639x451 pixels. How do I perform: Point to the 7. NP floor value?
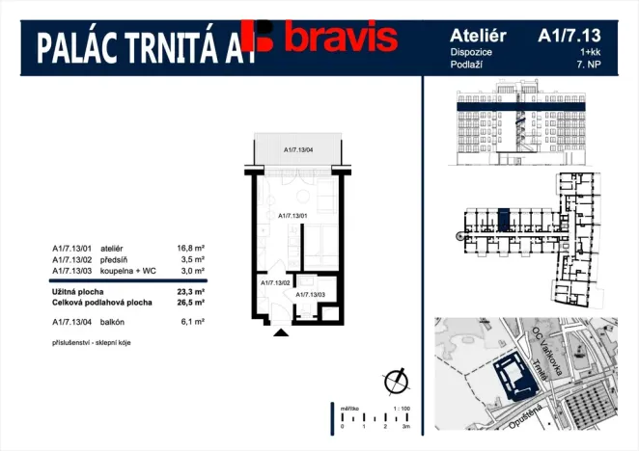(587, 65)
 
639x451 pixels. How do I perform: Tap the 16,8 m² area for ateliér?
(190, 248)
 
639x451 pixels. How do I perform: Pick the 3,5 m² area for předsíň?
(193, 259)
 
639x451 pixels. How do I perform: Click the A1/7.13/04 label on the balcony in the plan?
(298, 149)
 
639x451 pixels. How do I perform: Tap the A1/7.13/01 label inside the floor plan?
(292, 216)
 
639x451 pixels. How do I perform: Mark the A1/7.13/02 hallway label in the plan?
(274, 283)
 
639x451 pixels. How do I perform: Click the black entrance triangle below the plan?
(281, 332)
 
